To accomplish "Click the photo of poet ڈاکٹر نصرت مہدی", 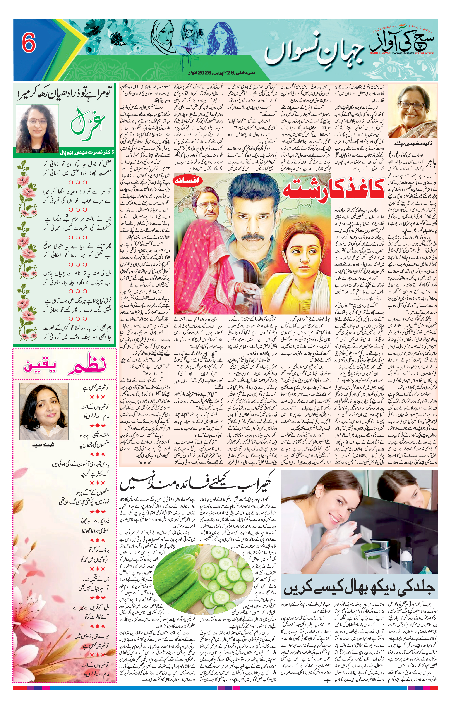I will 37,128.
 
